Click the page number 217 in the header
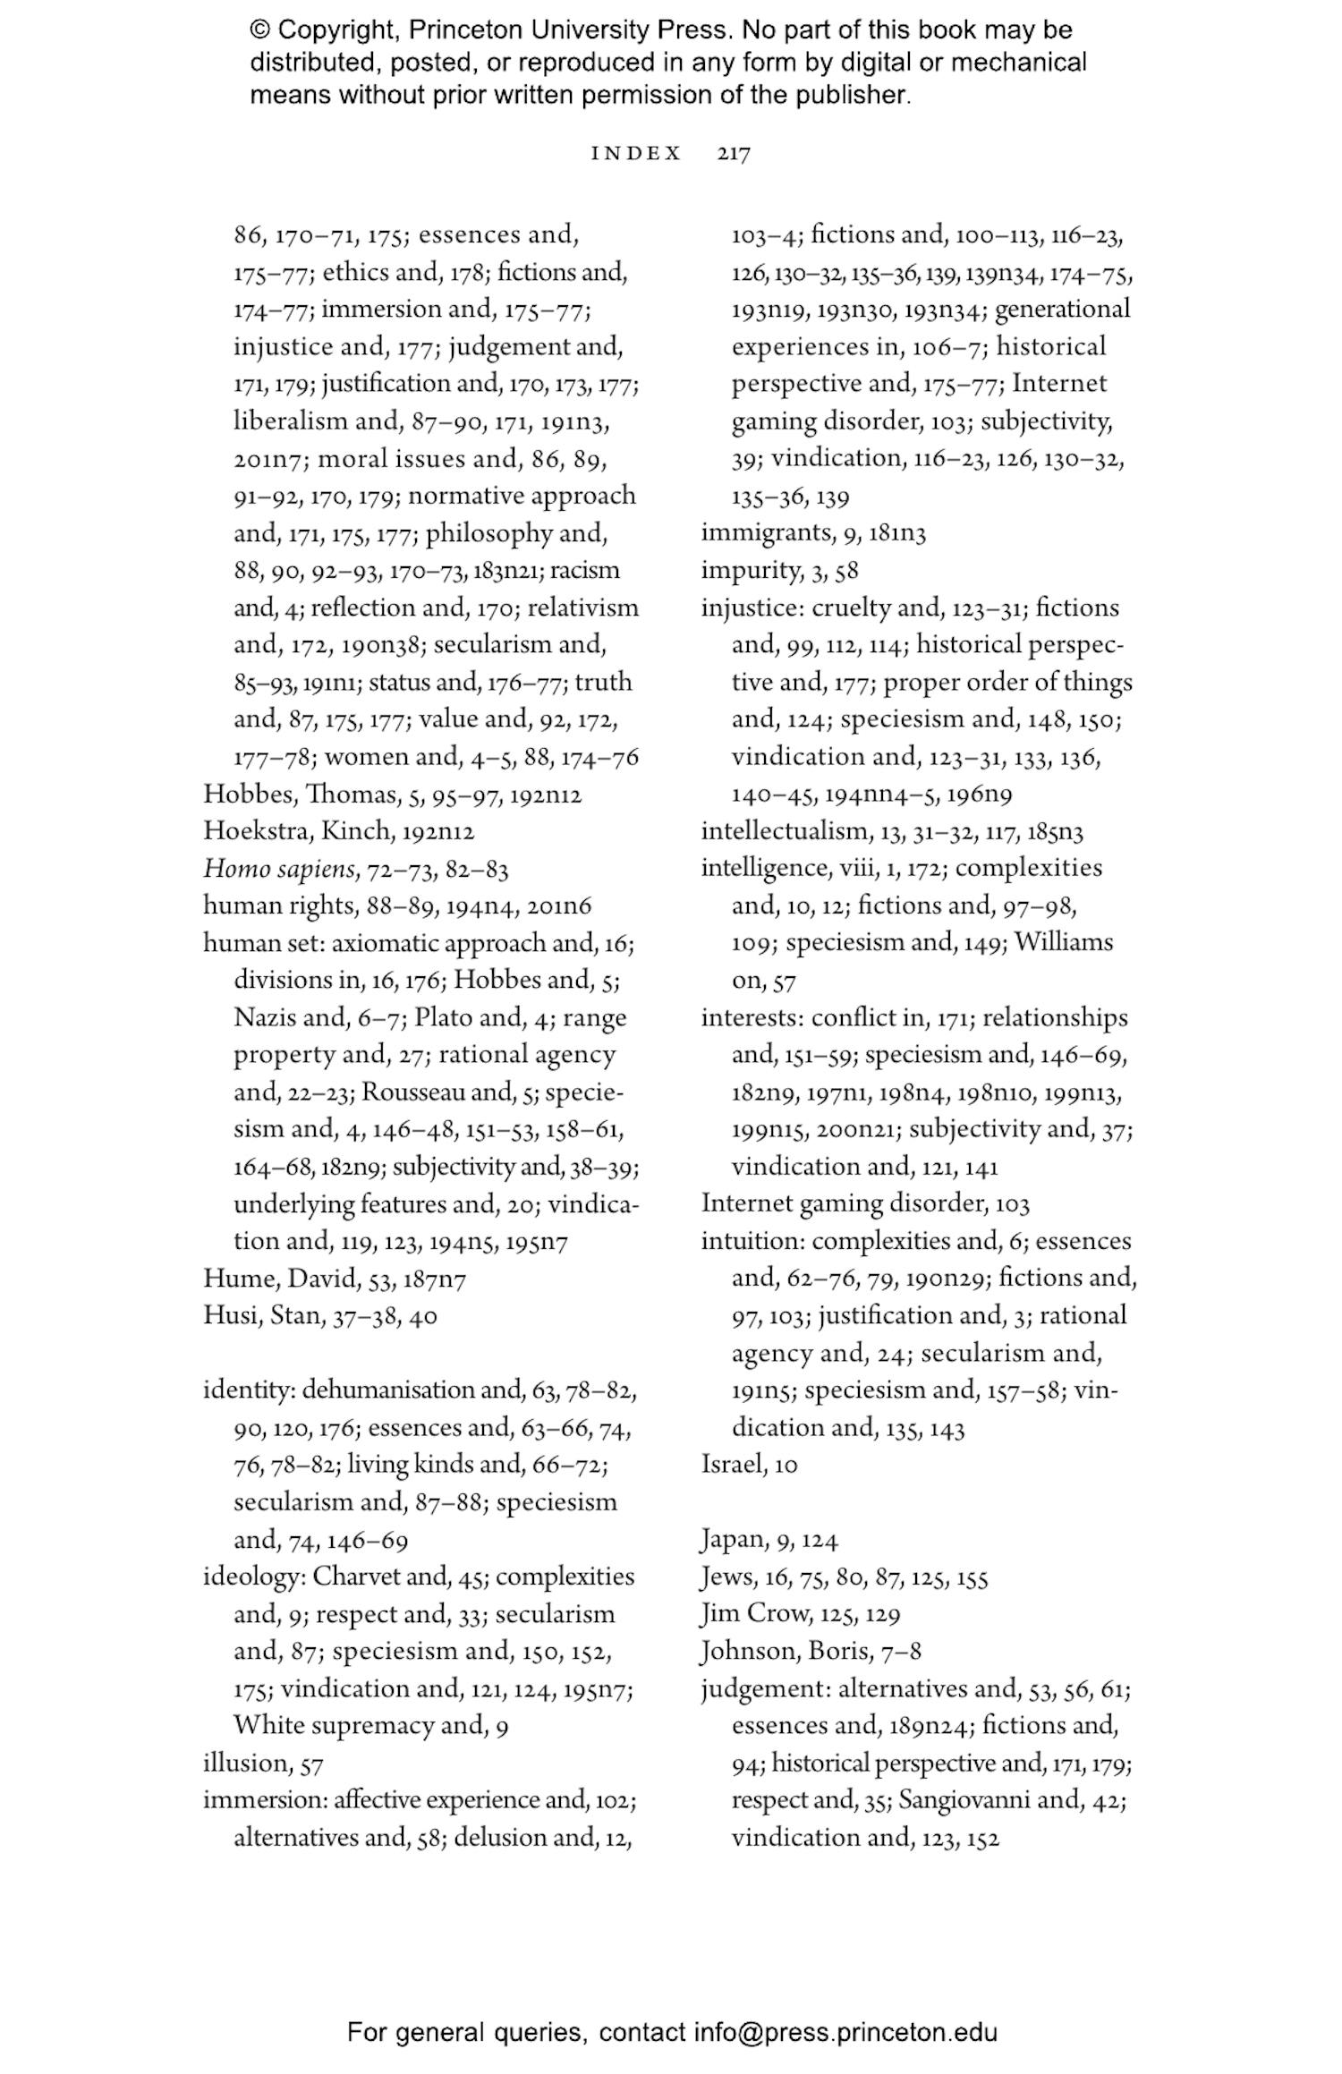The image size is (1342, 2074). pos(734,154)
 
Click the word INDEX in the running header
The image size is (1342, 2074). pos(636,154)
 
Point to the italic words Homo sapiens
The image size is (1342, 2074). pos(281,869)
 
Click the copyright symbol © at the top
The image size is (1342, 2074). pos(259,30)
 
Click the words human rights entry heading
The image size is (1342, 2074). pos(279,906)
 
